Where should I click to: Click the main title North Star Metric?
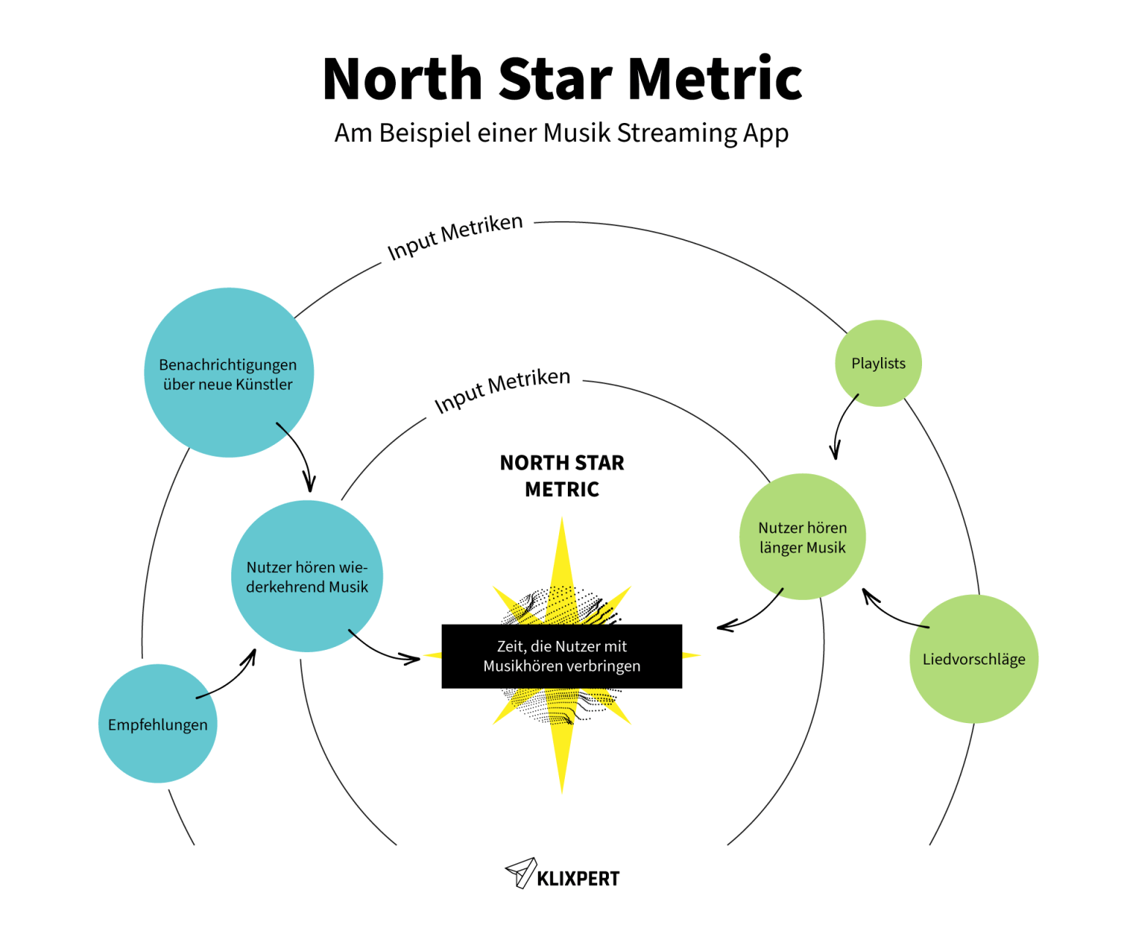click(x=562, y=79)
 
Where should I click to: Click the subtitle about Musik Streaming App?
click(x=561, y=133)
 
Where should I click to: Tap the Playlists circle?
click(x=878, y=363)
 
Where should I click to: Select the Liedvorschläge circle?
click(x=973, y=659)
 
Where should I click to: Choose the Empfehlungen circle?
click(x=157, y=724)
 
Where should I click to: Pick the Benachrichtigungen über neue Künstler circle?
click(x=228, y=373)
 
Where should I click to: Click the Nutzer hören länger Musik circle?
click(x=802, y=536)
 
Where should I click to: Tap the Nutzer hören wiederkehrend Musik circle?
click(x=307, y=576)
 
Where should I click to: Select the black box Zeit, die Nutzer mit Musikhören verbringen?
click(x=561, y=656)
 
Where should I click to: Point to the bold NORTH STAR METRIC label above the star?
click(x=561, y=476)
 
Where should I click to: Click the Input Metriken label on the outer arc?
click(x=454, y=236)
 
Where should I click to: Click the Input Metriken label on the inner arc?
click(x=501, y=390)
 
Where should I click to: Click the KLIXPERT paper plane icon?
click(x=520, y=873)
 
